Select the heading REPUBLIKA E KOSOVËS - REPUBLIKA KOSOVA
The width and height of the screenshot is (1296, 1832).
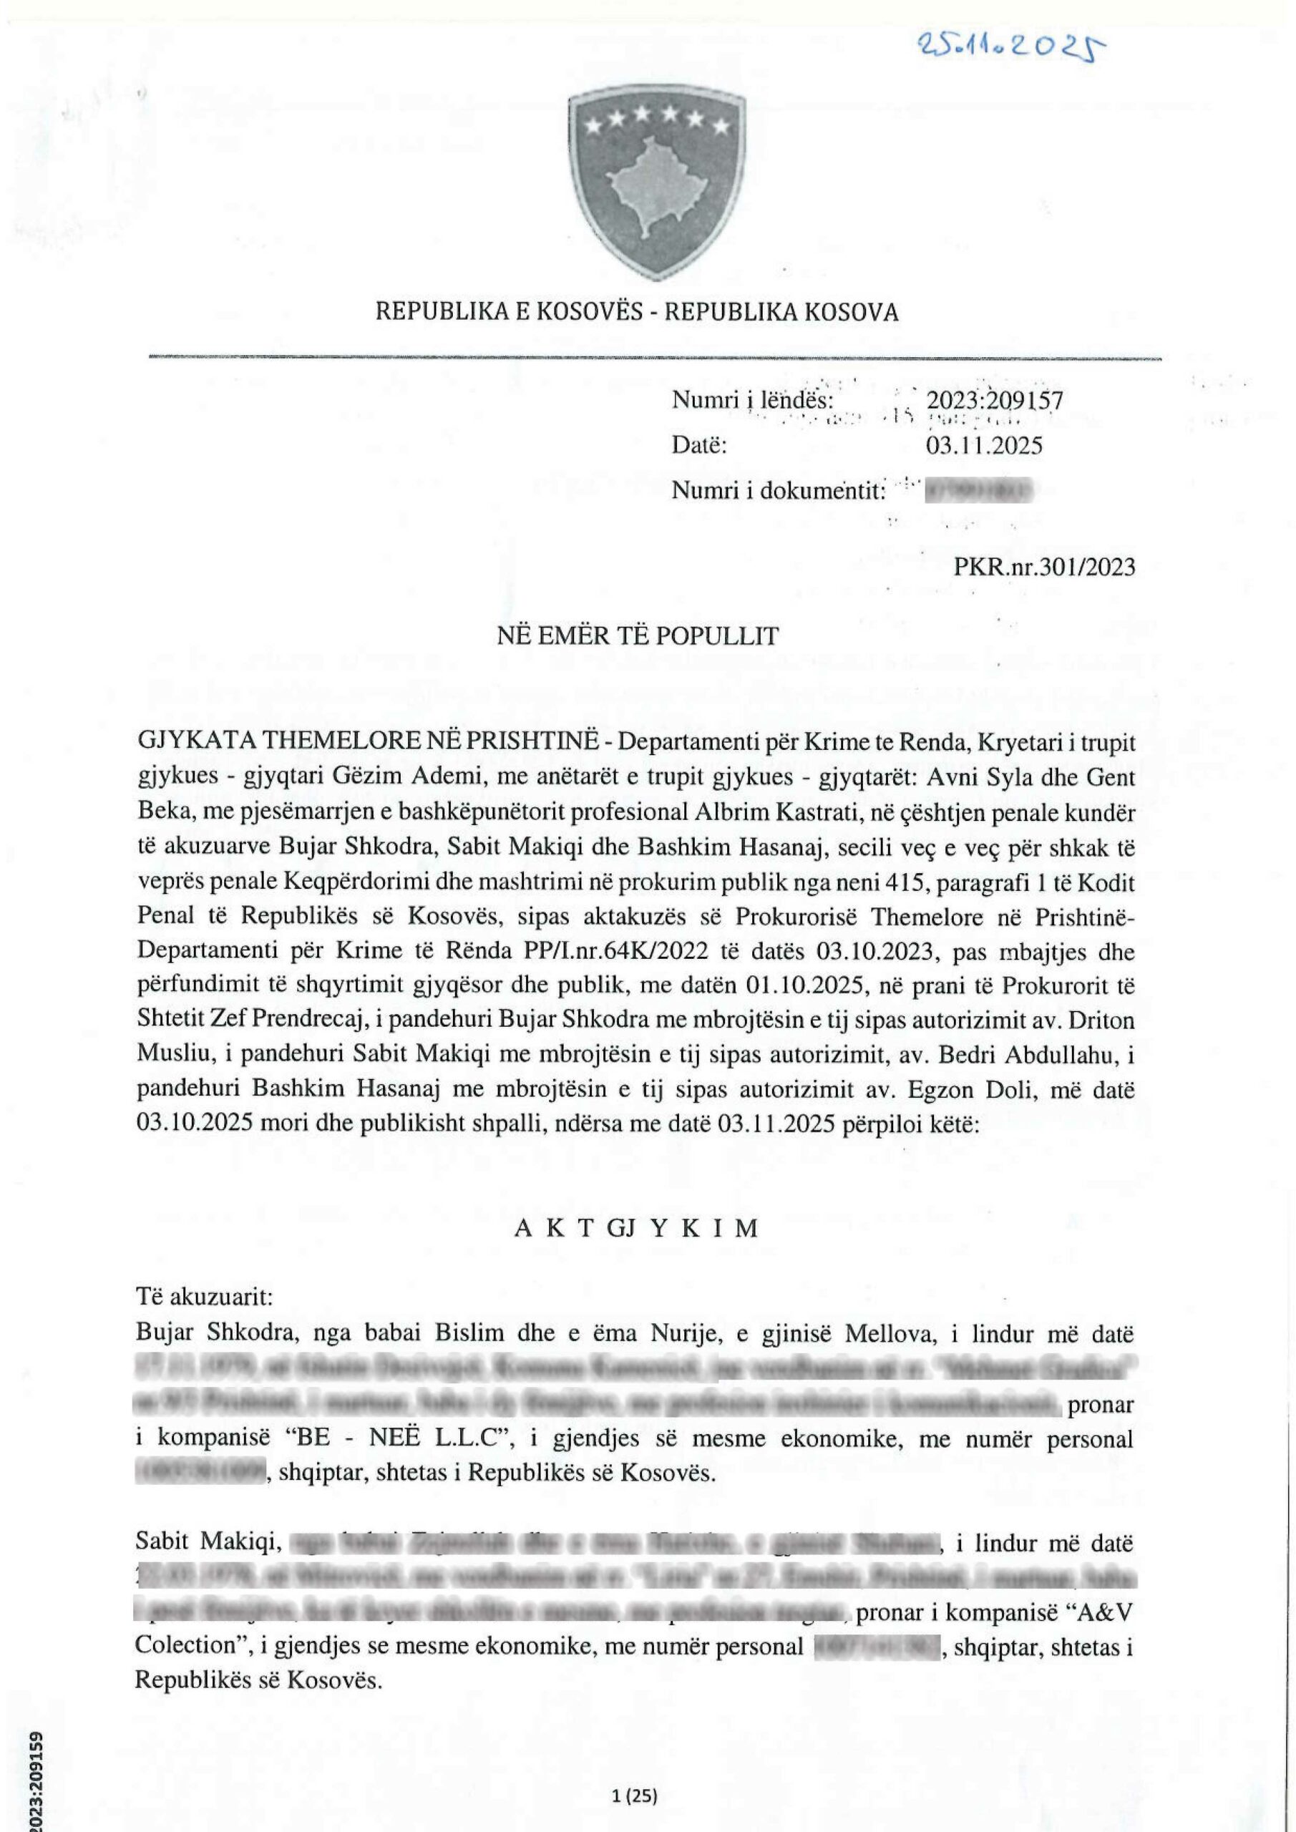637,312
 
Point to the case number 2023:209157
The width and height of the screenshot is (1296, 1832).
994,401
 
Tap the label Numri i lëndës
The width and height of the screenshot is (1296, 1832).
754,401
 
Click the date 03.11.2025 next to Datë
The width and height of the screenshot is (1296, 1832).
984,445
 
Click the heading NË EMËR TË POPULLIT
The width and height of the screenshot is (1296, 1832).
638,636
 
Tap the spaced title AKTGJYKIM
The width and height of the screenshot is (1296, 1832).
636,1228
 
